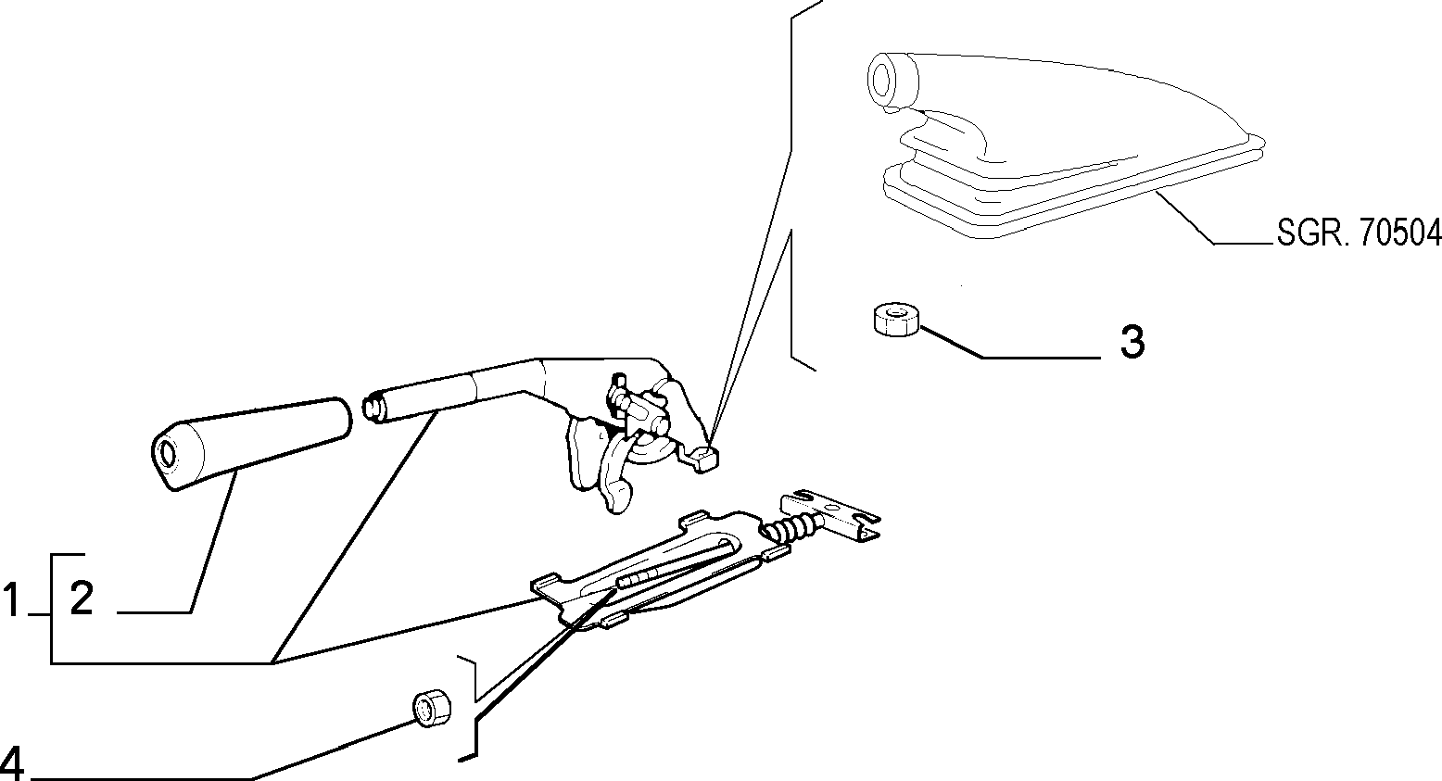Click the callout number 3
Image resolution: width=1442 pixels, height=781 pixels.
click(1132, 341)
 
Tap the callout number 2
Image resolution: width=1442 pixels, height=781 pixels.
click(82, 598)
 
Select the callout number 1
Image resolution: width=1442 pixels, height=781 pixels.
click(11, 598)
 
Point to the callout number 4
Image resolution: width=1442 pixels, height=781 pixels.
click(12, 763)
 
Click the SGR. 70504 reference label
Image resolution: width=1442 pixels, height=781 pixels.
click(1359, 233)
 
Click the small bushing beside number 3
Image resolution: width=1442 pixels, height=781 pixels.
click(895, 319)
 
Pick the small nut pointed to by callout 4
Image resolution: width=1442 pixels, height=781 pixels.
click(431, 709)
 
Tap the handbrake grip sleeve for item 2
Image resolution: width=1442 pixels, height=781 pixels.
click(251, 443)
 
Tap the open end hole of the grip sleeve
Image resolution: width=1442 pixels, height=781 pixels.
click(168, 454)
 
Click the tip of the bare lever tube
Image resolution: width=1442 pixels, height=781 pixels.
click(372, 408)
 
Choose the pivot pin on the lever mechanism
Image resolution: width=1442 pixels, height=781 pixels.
click(660, 425)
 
